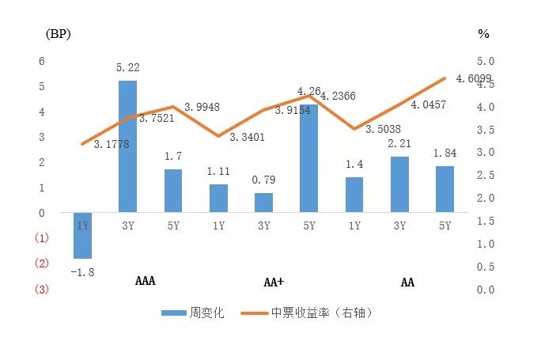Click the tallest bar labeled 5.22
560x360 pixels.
127,146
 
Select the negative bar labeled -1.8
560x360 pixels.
82,235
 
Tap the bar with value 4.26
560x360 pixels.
308,158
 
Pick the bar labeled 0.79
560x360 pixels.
263,203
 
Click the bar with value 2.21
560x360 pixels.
399,184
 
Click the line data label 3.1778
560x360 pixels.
111,144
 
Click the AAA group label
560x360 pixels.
145,282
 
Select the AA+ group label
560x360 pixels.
274,282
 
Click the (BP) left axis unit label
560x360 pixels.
59,33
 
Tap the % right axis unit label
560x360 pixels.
484,33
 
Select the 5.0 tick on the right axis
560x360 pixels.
485,61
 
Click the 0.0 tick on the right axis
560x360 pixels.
485,290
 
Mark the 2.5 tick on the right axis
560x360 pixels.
485,175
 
